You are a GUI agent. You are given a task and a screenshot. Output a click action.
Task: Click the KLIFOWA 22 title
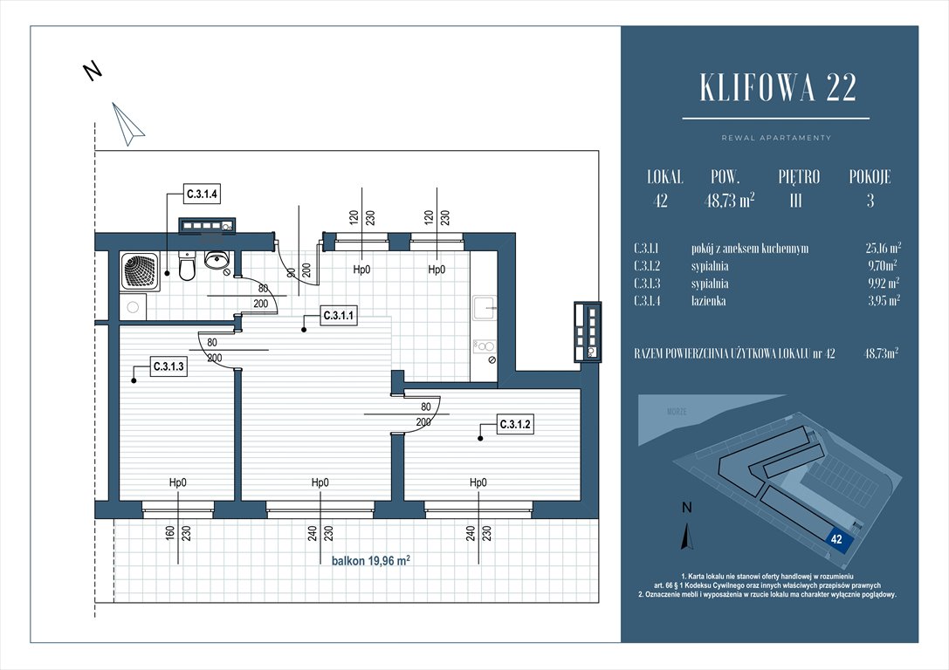click(778, 88)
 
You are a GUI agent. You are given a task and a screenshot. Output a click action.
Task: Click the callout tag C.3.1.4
click(202, 193)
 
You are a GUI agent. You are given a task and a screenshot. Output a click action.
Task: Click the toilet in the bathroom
click(186, 267)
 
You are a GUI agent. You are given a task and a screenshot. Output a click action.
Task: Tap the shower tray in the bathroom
click(141, 270)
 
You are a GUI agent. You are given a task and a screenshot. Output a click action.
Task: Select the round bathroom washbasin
click(217, 259)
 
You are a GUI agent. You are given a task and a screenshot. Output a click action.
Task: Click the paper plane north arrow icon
click(127, 124)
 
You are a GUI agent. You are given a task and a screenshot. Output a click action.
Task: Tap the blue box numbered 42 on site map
click(836, 539)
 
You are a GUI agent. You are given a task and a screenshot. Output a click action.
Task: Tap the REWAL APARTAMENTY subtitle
click(776, 138)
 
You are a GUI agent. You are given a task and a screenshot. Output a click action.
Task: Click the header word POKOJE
click(870, 177)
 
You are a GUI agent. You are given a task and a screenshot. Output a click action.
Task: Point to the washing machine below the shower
click(133, 306)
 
